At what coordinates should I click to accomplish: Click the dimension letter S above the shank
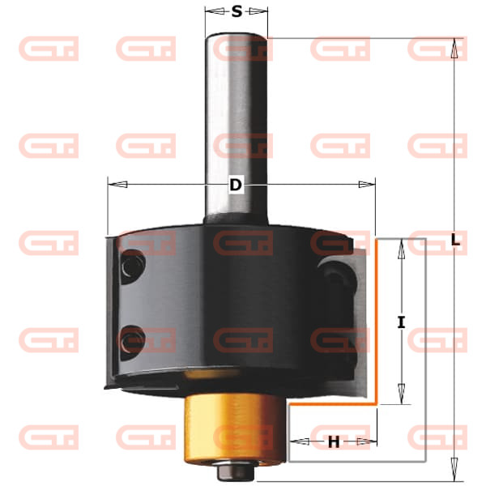pos(237,12)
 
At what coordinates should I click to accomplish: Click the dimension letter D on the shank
pos(236,185)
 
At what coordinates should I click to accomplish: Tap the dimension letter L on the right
pos(454,240)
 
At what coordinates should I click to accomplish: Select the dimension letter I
pos(401,322)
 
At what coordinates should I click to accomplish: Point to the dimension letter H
pos(334,442)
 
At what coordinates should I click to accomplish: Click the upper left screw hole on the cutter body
pos(133,266)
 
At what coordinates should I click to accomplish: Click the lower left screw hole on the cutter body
pos(133,342)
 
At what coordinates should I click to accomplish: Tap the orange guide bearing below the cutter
pos(235,428)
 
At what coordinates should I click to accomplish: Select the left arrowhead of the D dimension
pos(117,185)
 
